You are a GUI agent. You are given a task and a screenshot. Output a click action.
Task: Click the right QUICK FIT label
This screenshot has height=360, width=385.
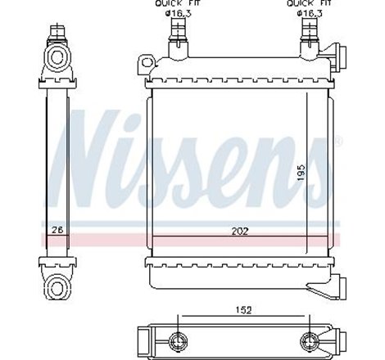[305, 3]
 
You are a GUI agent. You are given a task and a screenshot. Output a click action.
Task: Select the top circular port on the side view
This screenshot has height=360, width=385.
[57, 56]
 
